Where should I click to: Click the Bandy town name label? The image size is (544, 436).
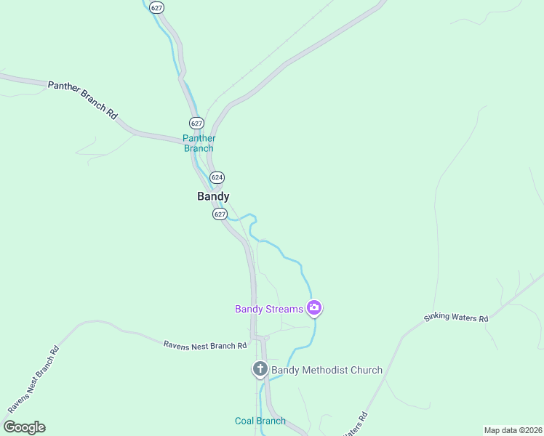coord(213,196)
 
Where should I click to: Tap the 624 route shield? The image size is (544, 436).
coord(217,177)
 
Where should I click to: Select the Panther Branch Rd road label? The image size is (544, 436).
coord(82,100)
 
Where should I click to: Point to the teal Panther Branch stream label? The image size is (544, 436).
coord(199,143)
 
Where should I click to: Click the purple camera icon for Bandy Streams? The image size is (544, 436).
coord(313,309)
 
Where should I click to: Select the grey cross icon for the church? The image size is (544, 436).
coord(260,369)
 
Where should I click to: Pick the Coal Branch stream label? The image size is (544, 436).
coord(260,421)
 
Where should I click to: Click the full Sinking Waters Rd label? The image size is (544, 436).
coord(457,308)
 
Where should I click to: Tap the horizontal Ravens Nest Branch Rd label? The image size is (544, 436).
coord(205,345)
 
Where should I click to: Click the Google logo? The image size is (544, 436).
coord(24,427)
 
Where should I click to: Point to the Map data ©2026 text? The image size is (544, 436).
coord(513,430)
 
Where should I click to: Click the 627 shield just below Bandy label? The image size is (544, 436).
coord(220,214)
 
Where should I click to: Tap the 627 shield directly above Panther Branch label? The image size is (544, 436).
coord(196,122)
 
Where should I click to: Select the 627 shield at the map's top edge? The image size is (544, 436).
coord(156,7)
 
